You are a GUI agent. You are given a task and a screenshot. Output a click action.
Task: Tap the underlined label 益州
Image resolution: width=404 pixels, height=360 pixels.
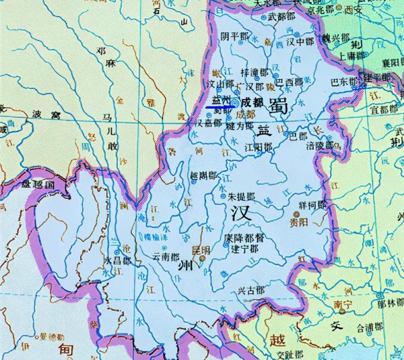[x=220, y=100]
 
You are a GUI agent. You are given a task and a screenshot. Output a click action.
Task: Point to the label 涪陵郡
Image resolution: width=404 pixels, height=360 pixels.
[x=319, y=144]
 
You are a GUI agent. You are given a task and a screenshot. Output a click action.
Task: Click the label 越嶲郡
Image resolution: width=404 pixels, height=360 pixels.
[x=204, y=175]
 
